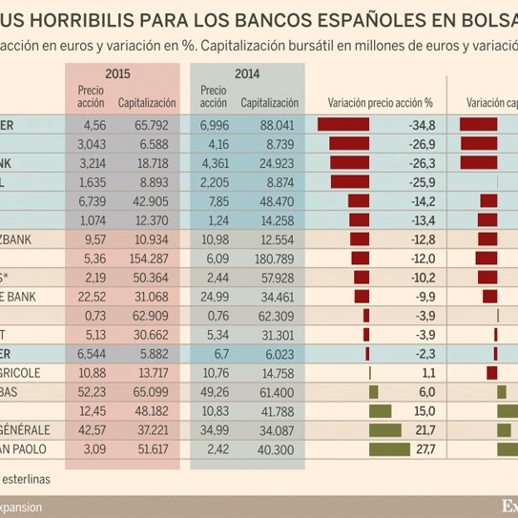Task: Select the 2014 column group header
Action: pos(246,73)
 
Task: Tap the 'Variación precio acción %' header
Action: pos(380,102)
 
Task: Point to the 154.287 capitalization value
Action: pos(146,259)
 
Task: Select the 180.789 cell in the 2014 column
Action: pos(273,259)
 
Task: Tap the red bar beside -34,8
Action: pos(342,125)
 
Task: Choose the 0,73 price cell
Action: pos(93,316)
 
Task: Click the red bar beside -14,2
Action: pos(359,201)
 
